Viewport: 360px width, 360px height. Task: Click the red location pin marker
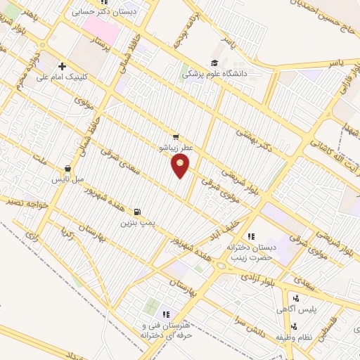181,167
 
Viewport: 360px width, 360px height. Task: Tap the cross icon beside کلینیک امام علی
63,66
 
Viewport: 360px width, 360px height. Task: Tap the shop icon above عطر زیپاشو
175,138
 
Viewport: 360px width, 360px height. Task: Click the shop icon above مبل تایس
67,169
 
